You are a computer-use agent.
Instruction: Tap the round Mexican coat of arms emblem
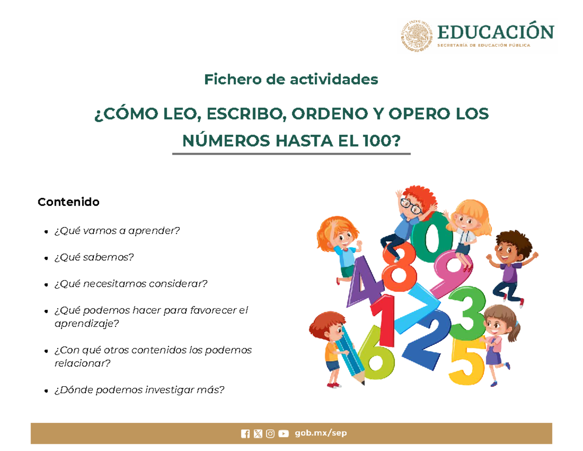[416, 36]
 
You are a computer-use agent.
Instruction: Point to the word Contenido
[69, 201]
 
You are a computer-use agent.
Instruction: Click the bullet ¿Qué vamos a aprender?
[117, 230]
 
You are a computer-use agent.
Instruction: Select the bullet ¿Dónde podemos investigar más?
[139, 390]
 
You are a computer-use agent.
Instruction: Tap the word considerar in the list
[184, 283]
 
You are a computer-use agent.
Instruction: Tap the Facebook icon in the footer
[245, 434]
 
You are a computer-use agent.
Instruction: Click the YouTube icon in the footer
[284, 434]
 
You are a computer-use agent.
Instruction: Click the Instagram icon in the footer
[271, 434]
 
